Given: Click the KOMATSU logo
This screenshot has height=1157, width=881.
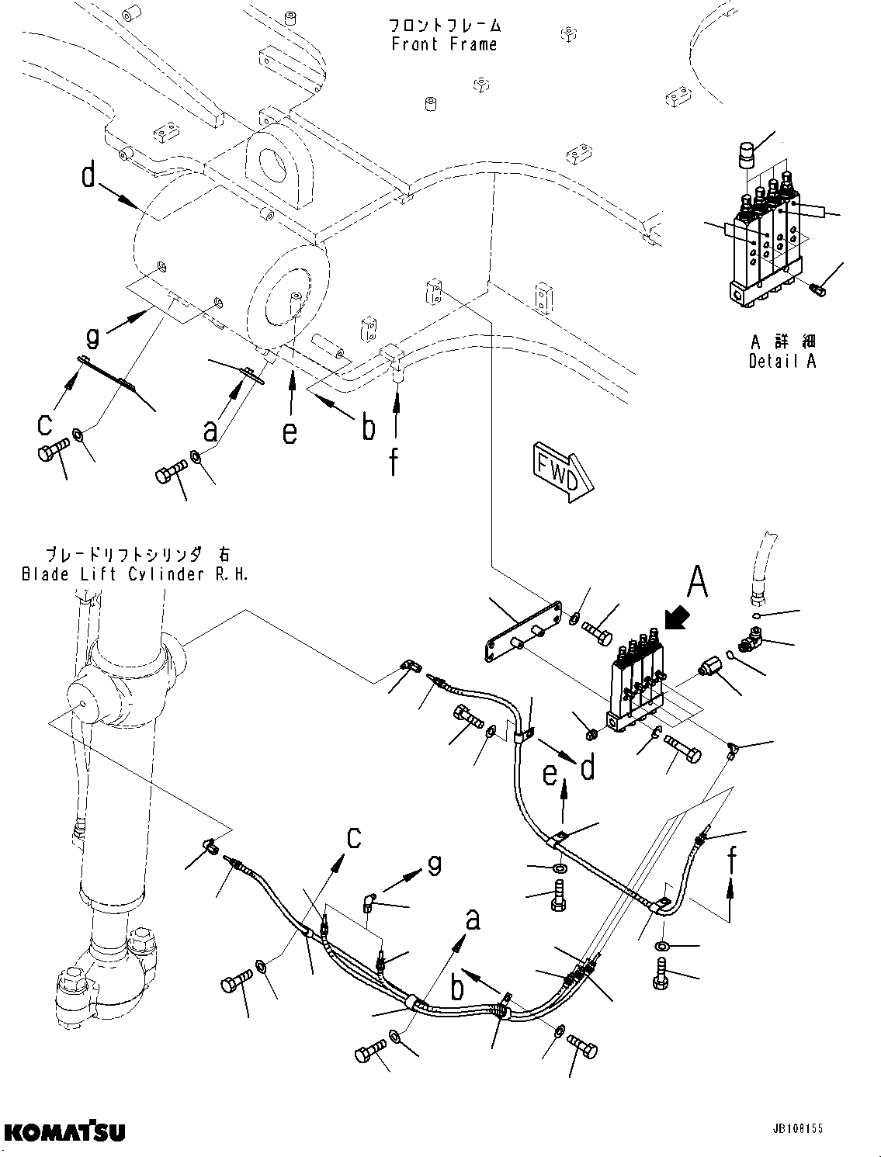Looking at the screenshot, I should [x=64, y=1132].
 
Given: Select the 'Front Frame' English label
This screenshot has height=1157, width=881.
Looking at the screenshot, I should [x=444, y=44].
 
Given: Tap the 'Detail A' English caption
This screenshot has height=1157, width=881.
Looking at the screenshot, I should [x=782, y=361].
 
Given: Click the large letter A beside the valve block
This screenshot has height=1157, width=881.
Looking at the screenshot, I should [x=698, y=582].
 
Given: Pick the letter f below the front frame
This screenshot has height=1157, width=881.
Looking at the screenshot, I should [x=394, y=462].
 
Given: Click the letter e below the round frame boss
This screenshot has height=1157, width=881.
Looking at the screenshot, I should [x=290, y=431].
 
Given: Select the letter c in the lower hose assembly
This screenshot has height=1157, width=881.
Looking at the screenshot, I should [x=354, y=840].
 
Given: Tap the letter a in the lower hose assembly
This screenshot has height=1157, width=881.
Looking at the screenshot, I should [x=472, y=921].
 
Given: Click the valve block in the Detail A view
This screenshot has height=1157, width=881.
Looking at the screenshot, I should [x=765, y=241].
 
